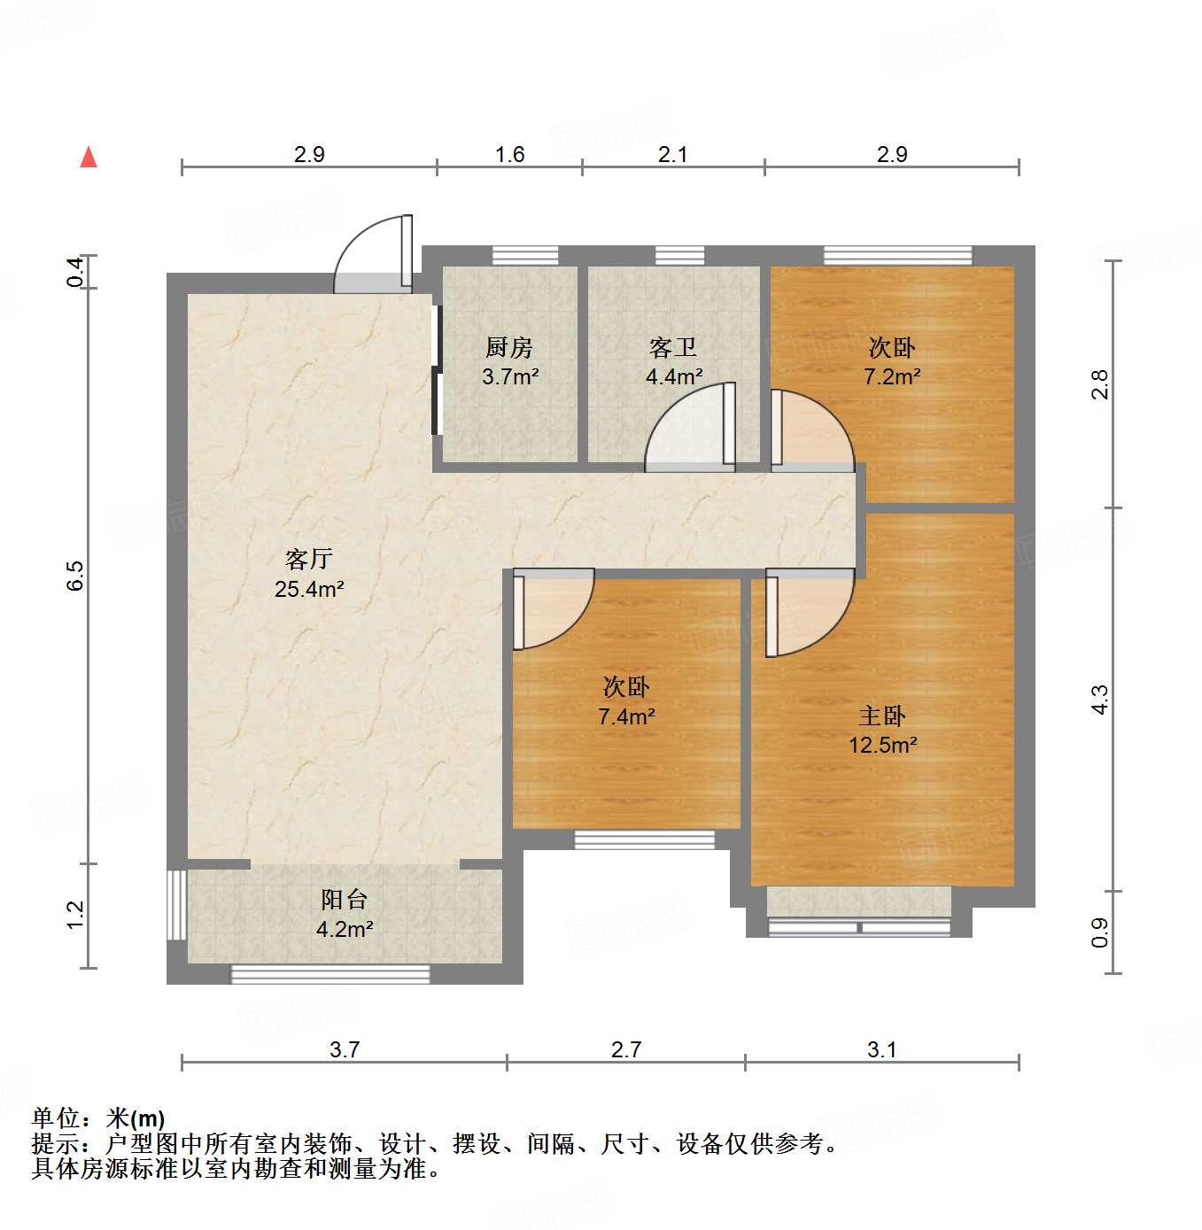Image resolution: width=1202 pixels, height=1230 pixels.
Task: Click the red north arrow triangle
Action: (x=89, y=158)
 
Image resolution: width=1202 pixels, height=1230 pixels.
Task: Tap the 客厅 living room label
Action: (x=308, y=559)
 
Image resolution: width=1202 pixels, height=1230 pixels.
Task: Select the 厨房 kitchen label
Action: (x=509, y=347)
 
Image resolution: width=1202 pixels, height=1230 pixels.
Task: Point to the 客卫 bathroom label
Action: (x=673, y=347)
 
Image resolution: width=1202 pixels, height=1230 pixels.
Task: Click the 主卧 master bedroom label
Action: (x=882, y=716)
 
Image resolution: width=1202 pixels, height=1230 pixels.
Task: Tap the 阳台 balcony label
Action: (x=344, y=900)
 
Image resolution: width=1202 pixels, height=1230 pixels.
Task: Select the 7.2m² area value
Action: (x=892, y=376)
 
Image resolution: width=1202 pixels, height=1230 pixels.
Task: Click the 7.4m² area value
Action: (x=626, y=716)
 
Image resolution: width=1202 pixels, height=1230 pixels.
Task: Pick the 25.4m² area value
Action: (x=308, y=589)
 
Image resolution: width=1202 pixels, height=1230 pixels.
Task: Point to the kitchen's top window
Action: (x=525, y=256)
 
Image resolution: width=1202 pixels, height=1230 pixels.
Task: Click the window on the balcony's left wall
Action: (x=177, y=904)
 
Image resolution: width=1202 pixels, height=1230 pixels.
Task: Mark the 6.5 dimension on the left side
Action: (x=76, y=576)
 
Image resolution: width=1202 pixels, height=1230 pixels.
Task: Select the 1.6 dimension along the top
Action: (x=509, y=154)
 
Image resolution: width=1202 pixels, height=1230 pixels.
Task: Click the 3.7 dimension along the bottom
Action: (x=345, y=1049)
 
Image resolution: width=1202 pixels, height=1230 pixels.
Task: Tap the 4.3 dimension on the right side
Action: (x=1099, y=700)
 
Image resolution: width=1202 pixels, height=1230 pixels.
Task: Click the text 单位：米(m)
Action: (x=98, y=1118)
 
